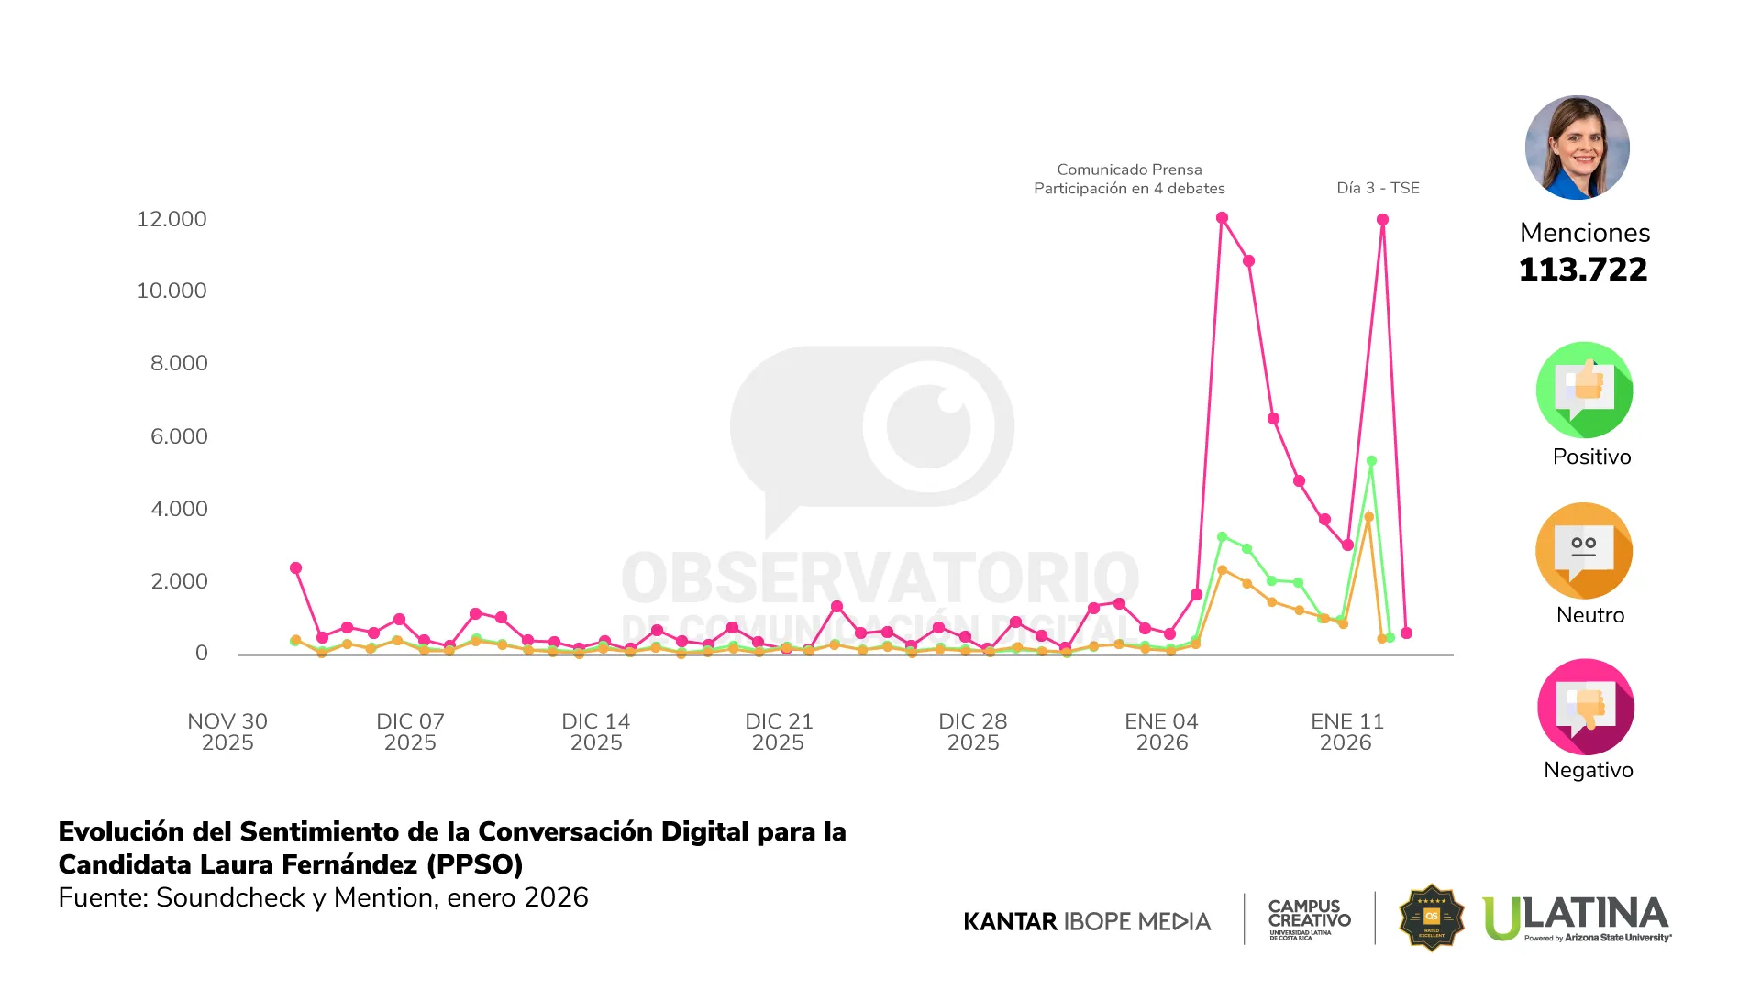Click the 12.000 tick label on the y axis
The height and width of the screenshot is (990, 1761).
[x=172, y=219]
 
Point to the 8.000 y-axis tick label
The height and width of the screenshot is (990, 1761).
[x=179, y=363]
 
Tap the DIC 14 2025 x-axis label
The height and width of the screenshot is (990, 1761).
[x=596, y=731]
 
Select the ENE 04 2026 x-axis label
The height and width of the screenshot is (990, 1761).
[x=1161, y=731]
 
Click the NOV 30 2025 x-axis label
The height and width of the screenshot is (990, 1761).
[x=227, y=731]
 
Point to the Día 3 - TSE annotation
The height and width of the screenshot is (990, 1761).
[x=1378, y=188]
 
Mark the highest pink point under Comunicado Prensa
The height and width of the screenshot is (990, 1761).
[x=1222, y=218]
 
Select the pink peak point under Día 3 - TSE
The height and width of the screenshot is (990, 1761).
[x=1382, y=220]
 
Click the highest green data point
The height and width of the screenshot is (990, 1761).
[x=1371, y=461]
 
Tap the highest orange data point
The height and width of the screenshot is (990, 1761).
[x=1368, y=517]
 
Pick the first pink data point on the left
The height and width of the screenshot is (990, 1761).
[x=295, y=568]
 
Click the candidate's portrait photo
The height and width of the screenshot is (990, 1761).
[x=1577, y=148]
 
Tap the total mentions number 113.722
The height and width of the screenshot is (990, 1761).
[x=1583, y=269]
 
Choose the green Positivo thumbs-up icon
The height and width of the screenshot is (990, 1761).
[x=1584, y=390]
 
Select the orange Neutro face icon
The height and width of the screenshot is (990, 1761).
[x=1584, y=550]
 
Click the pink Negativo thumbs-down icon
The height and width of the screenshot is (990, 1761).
[x=1585, y=707]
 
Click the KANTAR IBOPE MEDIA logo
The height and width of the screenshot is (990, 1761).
[x=1087, y=921]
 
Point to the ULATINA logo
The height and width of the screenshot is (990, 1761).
[x=1576, y=918]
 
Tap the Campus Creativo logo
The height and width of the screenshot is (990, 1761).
[x=1309, y=918]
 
